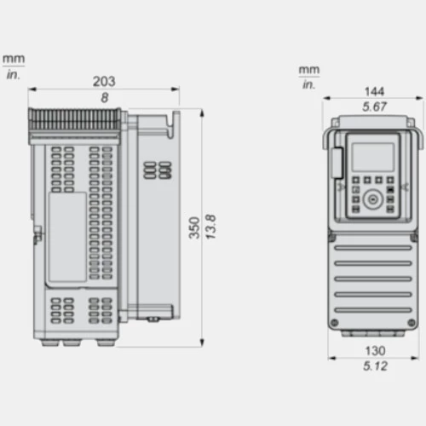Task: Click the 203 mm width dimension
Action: click(104, 82)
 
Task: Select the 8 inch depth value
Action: click(105, 98)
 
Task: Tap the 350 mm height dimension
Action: click(194, 227)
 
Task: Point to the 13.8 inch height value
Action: click(210, 227)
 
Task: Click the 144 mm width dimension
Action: click(374, 91)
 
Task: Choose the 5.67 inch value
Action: click(374, 106)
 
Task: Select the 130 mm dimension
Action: click(375, 351)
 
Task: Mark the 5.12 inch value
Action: click(375, 366)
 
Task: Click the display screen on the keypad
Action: click(373, 157)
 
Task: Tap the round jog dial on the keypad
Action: click(372, 199)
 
